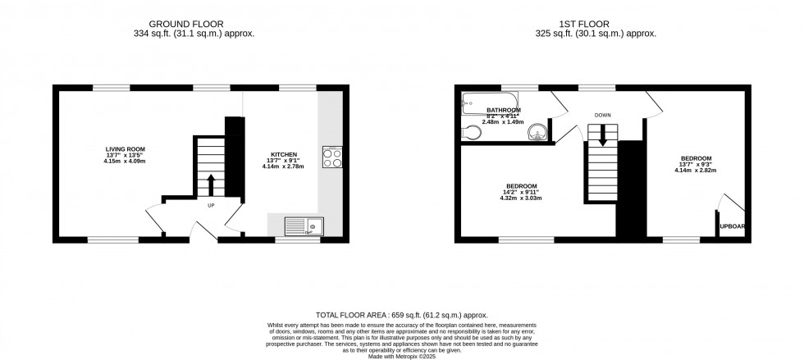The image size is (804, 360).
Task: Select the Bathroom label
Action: tap(503, 110)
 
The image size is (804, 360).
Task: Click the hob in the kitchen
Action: tap(332, 157)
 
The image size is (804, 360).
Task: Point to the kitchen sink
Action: tap(304, 226)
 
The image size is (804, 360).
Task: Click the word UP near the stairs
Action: tap(211, 206)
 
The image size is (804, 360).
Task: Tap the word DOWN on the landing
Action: tap(603, 116)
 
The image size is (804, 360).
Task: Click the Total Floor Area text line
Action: tap(402, 315)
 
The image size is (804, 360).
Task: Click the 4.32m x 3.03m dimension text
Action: tap(522, 198)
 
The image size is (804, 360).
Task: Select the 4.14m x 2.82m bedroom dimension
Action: tap(695, 171)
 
